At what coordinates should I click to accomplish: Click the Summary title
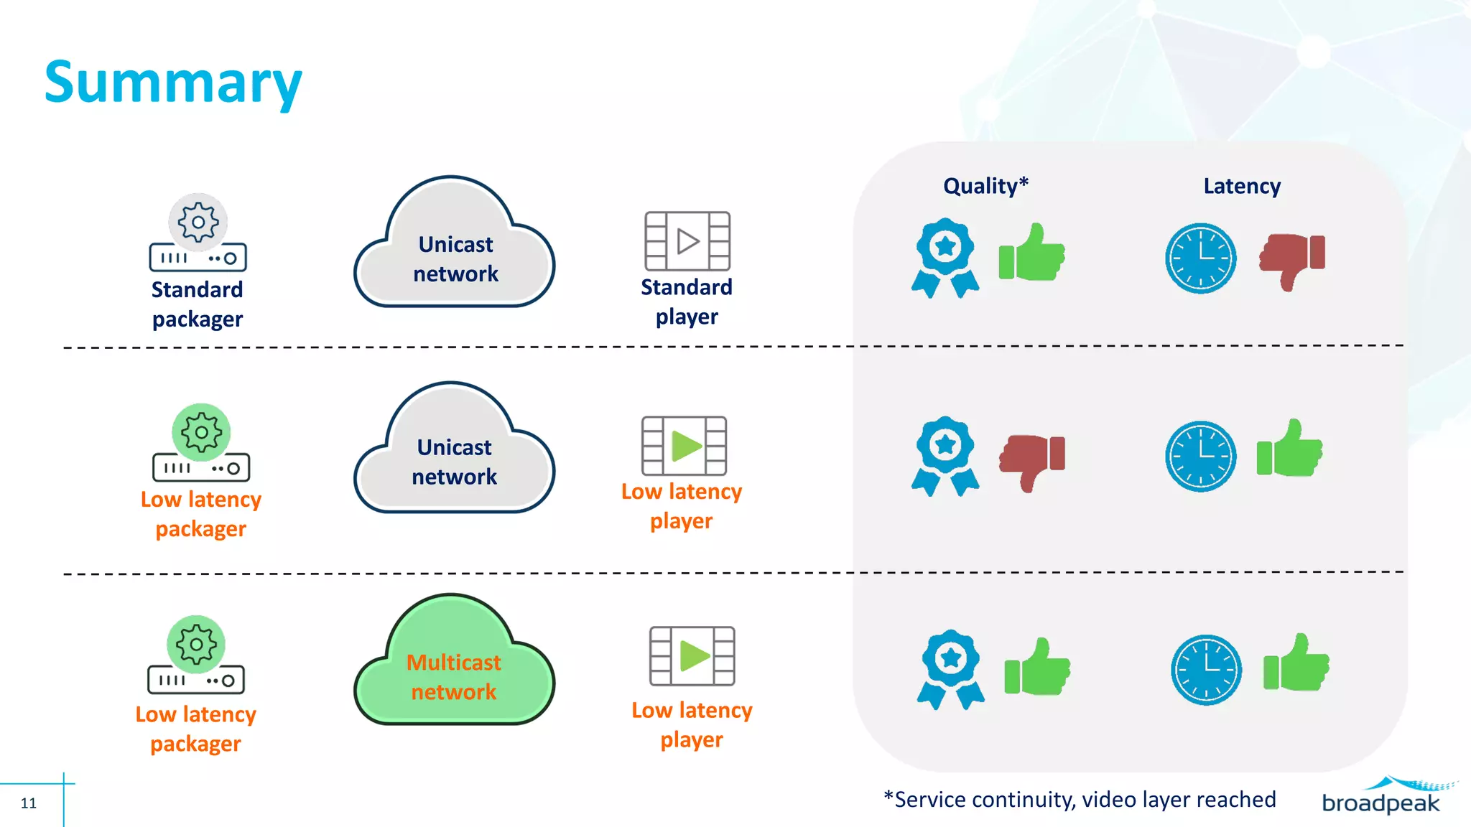coord(173,83)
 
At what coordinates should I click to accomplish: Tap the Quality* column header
coord(985,186)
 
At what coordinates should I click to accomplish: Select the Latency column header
coord(1241,186)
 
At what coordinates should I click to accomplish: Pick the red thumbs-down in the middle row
coord(1033,460)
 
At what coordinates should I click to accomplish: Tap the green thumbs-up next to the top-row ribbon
coord(1032,253)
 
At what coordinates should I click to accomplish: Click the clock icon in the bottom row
coord(1206,669)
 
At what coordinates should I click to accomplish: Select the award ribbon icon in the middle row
coord(945,455)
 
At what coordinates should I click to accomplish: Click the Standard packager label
coord(198,304)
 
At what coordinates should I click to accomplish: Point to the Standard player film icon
coord(687,240)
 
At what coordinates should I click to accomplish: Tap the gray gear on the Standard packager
coord(198,222)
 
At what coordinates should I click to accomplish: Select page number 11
coord(29,803)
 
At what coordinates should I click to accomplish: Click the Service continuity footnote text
coord(1080,799)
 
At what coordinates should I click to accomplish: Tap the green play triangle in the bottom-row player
coord(693,655)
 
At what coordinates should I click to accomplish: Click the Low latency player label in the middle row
coord(682,506)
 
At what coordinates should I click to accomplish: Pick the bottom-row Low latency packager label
coord(195,729)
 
